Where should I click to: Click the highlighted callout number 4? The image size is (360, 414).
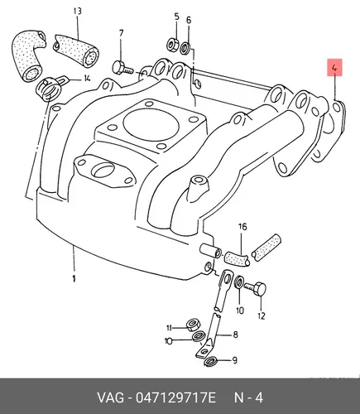point(334,67)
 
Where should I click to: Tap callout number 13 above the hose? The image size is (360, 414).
point(78,12)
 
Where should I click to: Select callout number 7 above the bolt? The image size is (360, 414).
point(122,33)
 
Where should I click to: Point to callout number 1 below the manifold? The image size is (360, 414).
point(74,278)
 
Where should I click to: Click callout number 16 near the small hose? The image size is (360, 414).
point(242,227)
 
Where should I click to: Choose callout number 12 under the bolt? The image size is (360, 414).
point(262,315)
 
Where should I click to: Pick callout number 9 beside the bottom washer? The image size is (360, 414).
point(234,360)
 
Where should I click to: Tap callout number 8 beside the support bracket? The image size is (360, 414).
point(235,335)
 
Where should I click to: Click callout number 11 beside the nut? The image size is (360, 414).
point(169,328)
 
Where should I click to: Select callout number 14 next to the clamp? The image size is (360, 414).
point(87,78)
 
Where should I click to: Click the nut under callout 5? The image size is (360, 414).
point(173,44)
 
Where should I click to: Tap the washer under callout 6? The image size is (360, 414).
point(185,47)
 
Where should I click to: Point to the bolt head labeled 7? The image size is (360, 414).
point(118,68)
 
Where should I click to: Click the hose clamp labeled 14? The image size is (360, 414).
point(49,87)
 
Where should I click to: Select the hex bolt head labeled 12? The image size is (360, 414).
point(261,290)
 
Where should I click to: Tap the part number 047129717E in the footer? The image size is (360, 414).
point(175,398)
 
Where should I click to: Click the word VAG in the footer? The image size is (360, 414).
point(110,398)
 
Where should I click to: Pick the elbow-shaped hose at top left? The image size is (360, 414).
point(28,55)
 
